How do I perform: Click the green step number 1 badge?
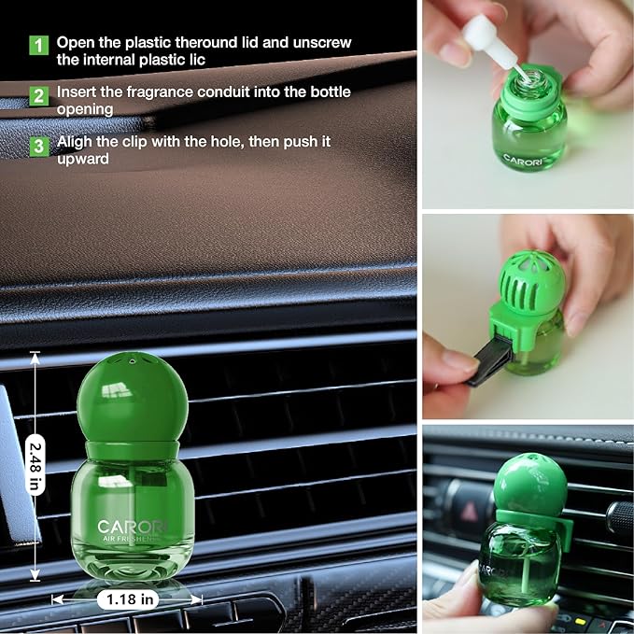pyautogui.click(x=38, y=45)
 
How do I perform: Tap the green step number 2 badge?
pyautogui.click(x=38, y=95)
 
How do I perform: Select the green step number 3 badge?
pyautogui.click(x=38, y=146)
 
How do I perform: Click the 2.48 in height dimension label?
pyautogui.click(x=35, y=467)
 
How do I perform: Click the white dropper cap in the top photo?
pyautogui.click(x=482, y=36)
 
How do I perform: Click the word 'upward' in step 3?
pyautogui.click(x=82, y=160)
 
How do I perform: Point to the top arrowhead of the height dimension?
pyautogui.click(x=35, y=356)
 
